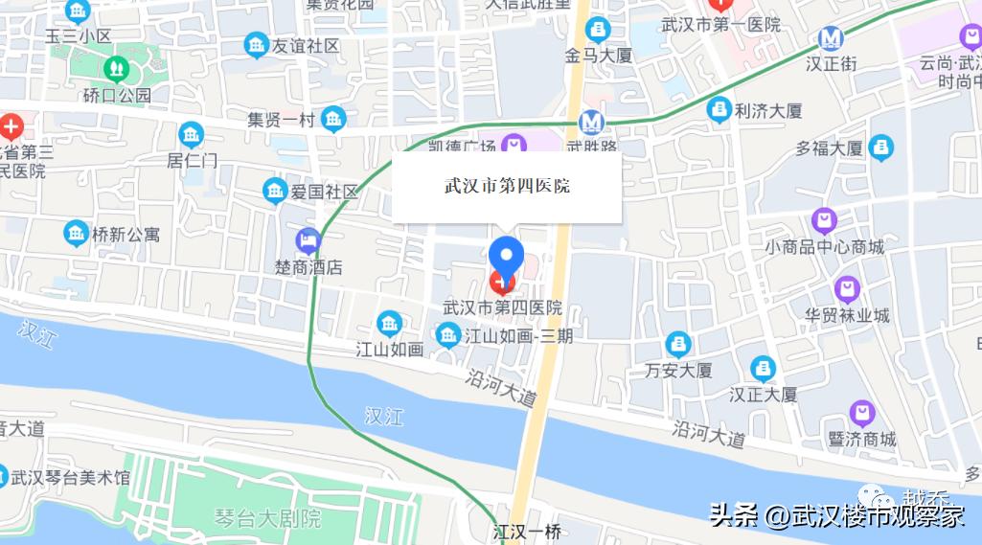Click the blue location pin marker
506,254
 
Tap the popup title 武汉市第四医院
507,186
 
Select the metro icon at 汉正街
831,39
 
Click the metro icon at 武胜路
591,122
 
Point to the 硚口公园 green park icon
117,69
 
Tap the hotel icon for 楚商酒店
308,240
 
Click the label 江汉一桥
527,531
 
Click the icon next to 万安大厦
678,344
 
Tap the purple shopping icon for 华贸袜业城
847,288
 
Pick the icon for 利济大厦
719,110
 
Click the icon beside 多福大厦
881,148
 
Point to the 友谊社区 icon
256,44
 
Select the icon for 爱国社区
275,191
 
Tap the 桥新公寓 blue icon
76,233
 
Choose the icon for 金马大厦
598,30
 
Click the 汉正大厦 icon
763,368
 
